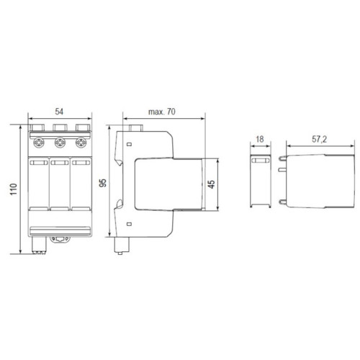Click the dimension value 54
(x=59, y=112)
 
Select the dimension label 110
(x=14, y=189)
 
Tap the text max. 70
(x=162, y=112)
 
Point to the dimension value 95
(x=103, y=183)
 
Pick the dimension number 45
(x=212, y=184)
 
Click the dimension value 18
(x=260, y=139)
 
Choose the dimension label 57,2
(x=320, y=139)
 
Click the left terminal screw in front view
(x=39, y=143)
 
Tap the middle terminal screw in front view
(x=60, y=143)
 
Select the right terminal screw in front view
(x=81, y=143)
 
